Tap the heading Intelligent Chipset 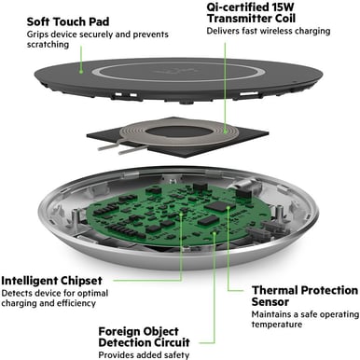62,279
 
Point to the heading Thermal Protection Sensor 303,296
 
